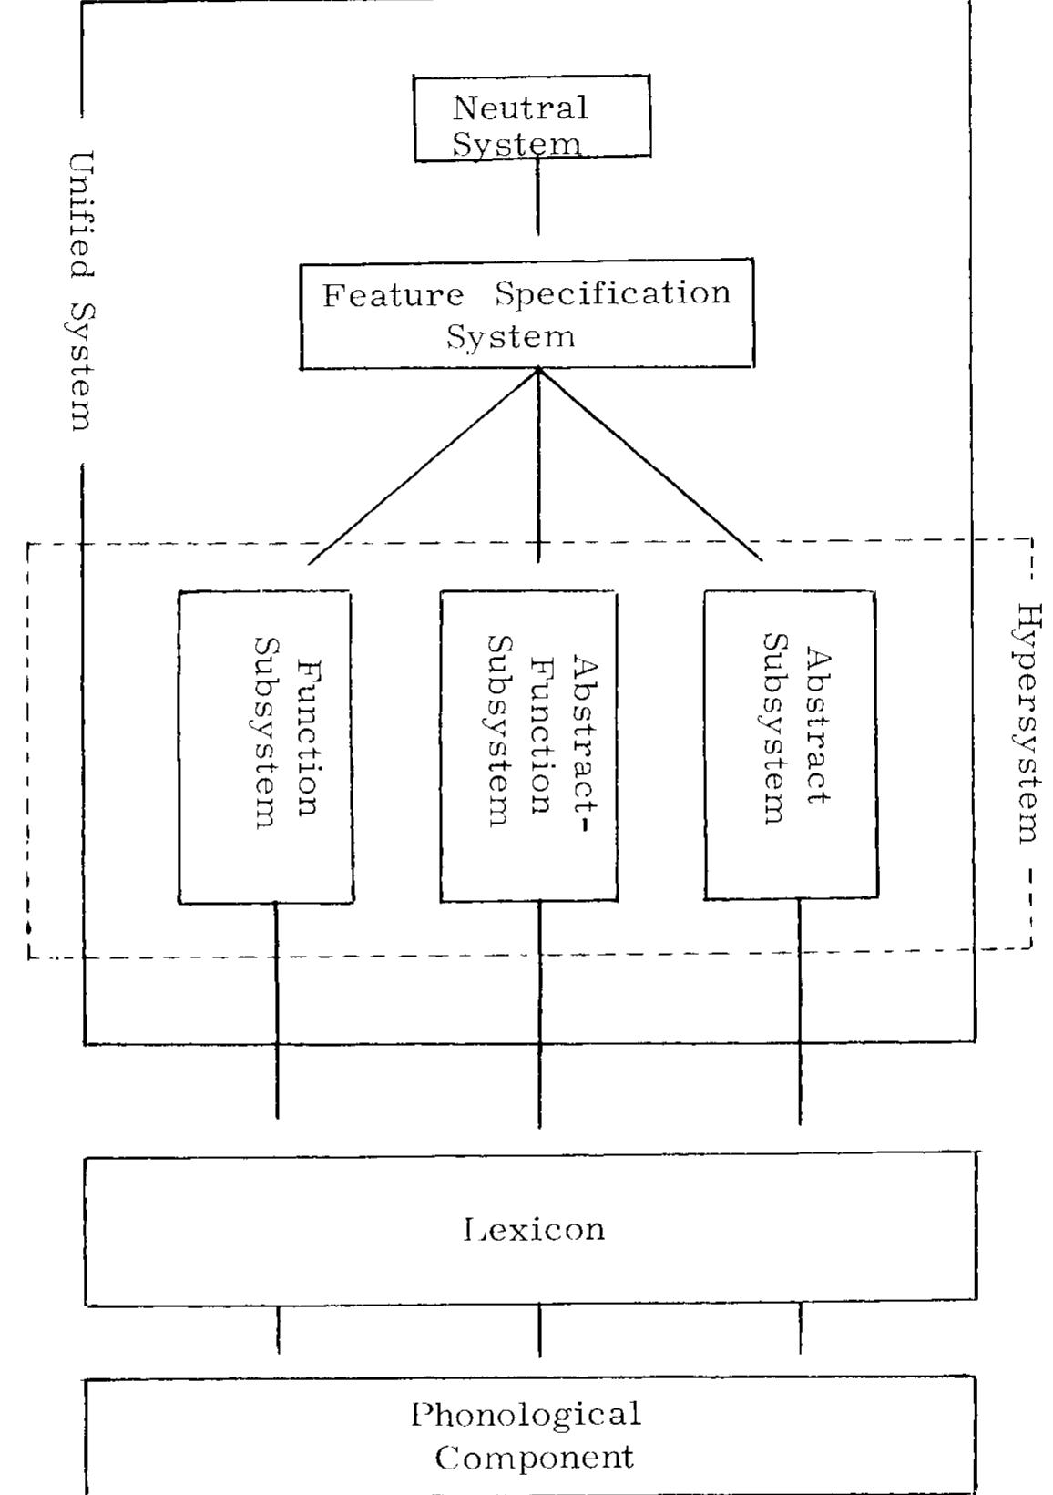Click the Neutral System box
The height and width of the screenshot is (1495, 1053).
[532, 118]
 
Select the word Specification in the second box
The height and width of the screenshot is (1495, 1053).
[613, 293]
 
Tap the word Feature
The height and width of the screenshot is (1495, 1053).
[393, 296]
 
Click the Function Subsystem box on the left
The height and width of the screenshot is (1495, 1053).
[265, 747]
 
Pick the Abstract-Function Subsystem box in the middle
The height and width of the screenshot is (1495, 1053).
[528, 747]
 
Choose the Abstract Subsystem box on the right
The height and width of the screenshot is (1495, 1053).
[791, 744]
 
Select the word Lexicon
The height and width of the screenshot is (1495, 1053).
[534, 1229]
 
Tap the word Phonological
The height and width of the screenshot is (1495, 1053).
[526, 1415]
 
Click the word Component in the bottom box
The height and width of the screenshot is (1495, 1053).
[534, 1458]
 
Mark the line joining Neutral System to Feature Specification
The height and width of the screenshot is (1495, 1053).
[537, 199]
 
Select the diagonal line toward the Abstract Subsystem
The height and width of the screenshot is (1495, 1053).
[651, 466]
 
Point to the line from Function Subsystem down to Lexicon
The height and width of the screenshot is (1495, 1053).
[277, 1011]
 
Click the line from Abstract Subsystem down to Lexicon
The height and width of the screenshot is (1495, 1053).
[800, 1011]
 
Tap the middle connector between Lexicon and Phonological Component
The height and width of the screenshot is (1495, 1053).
[539, 1330]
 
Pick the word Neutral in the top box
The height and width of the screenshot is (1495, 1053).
[520, 108]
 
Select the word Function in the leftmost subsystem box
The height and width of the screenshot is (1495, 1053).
[309, 738]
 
